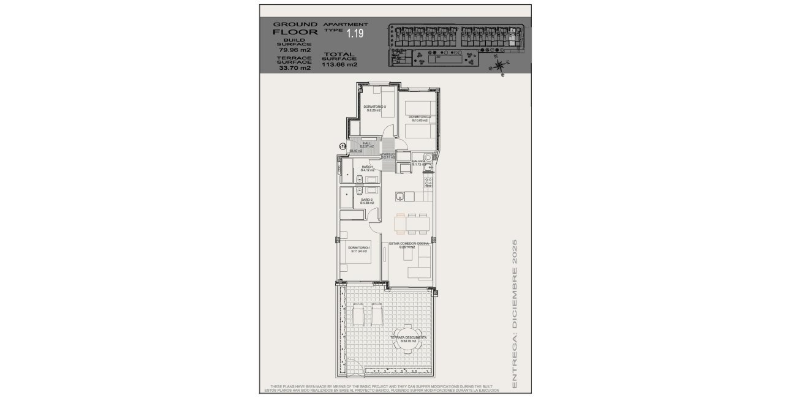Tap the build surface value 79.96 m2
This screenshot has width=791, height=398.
tap(295, 50)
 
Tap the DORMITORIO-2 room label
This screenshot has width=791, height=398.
tap(420, 118)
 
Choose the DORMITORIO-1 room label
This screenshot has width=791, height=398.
tap(358, 249)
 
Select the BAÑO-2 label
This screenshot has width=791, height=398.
tap(368, 201)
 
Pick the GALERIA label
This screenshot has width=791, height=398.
tap(419, 163)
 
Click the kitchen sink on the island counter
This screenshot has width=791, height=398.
tap(399, 197)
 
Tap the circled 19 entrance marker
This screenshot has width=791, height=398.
tap(343, 146)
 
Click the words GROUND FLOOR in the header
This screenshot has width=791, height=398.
tap(295, 28)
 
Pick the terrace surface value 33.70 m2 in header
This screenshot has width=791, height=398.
tap(295, 68)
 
